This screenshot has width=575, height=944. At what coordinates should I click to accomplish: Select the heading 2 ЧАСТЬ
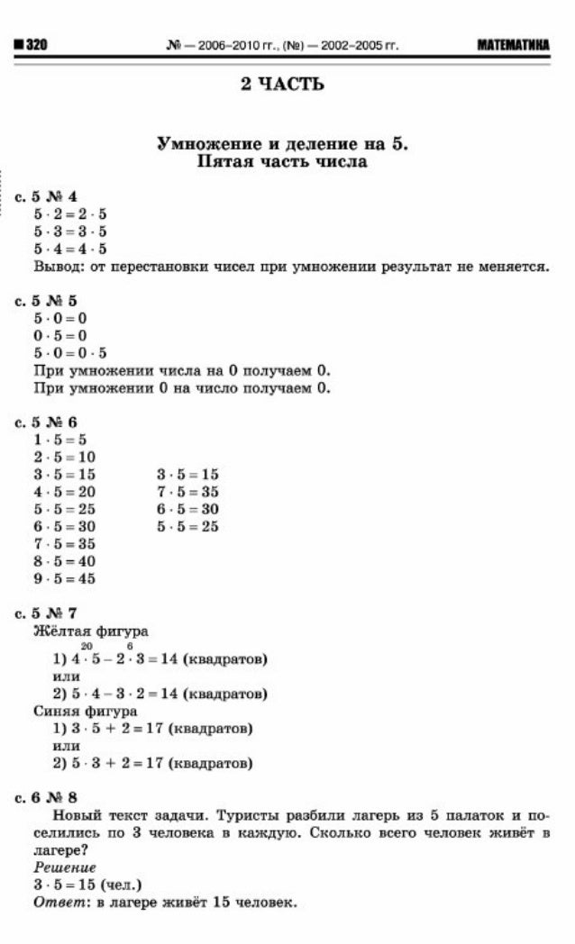coord(282,85)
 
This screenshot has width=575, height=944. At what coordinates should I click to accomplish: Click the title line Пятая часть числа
coord(282,162)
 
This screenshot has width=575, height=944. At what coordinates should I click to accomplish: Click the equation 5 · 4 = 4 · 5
coord(70,250)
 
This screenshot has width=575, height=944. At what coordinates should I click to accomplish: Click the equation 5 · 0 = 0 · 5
coord(70,353)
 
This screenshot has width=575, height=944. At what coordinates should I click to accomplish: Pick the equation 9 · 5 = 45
coord(65,579)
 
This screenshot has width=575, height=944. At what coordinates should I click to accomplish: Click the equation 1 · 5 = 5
coord(59,440)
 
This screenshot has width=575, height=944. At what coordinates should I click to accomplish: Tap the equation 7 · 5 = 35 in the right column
coord(187,492)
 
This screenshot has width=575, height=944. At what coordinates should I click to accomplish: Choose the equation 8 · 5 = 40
coord(65,561)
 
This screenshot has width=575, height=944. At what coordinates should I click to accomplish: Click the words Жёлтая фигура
coord(90,631)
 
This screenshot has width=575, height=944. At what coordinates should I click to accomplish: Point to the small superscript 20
coord(87,646)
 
